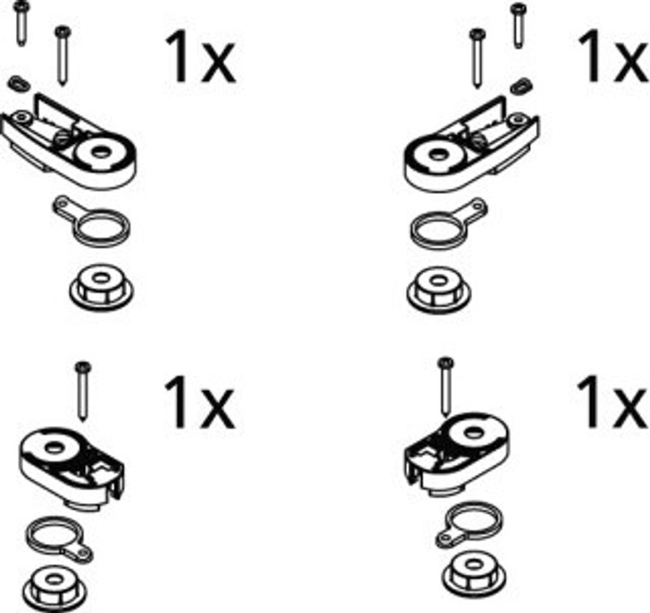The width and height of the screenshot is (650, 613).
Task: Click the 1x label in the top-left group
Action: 200,56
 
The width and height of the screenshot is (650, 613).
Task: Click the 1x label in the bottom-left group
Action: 199,402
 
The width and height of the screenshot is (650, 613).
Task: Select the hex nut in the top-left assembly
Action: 101,286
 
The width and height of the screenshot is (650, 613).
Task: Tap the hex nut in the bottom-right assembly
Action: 474,574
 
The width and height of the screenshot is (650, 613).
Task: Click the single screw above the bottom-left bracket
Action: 83,391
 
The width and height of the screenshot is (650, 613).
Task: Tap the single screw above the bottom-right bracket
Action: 446,386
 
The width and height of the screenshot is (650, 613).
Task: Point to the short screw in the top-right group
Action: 518,25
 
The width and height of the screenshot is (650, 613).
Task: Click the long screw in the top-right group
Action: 477,58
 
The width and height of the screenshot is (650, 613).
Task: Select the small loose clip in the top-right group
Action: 521,86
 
